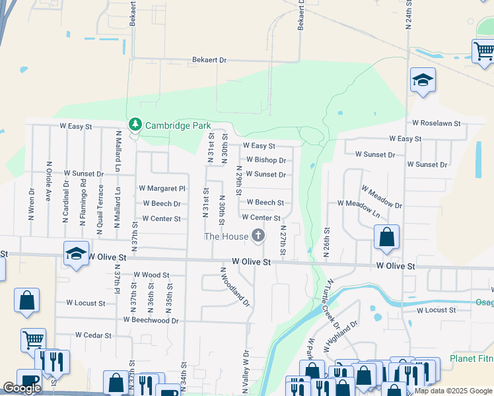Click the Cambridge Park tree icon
pyautogui.click(x=135, y=124)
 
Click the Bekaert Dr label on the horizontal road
pyautogui.click(x=209, y=60)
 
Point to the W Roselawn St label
pyautogui.click(x=436, y=123)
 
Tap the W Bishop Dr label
pyautogui.click(x=265, y=160)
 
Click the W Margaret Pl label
pyautogui.click(x=162, y=188)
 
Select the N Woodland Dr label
pyautogui.click(x=235, y=287)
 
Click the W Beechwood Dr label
pyautogui.click(x=151, y=320)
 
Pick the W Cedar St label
pyautogui.click(x=93, y=335)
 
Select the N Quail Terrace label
pyautogui.click(x=100, y=205)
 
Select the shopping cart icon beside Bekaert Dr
pyautogui.click(x=483, y=51)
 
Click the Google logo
pyautogui.click(x=22, y=387)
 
